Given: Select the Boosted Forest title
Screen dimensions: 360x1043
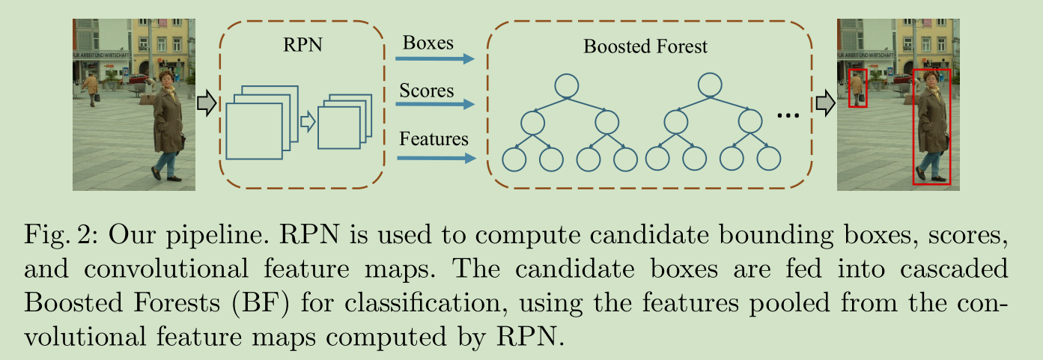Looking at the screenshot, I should click(645, 46).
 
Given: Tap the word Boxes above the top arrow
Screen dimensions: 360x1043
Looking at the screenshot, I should click(428, 43).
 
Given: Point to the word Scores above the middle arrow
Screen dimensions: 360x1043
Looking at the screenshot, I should click(427, 91).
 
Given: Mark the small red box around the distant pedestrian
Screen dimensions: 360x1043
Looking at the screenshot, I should click(858, 88).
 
